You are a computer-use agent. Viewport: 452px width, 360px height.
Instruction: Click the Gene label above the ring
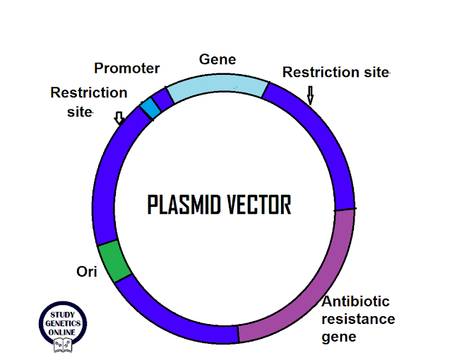tap(218, 59)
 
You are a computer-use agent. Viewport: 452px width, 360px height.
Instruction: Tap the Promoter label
tap(127, 68)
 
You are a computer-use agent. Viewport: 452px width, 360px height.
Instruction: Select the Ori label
tap(85, 271)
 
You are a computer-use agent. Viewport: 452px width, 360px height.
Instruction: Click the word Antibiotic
tap(355, 302)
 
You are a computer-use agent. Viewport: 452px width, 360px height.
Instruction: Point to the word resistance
tap(358, 319)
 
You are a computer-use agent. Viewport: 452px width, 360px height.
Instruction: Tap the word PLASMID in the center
tap(183, 205)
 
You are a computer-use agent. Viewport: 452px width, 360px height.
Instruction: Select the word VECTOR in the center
tap(258, 205)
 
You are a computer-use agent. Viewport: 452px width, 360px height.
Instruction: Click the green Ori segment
tap(114, 261)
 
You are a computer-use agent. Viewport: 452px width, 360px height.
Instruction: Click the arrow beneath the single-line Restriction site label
tap(309, 94)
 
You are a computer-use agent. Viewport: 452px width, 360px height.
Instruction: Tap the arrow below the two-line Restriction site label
tap(119, 118)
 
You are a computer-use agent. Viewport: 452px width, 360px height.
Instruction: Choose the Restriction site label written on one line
tap(335, 73)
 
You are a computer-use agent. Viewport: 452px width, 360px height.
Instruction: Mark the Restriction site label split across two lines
tap(88, 102)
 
